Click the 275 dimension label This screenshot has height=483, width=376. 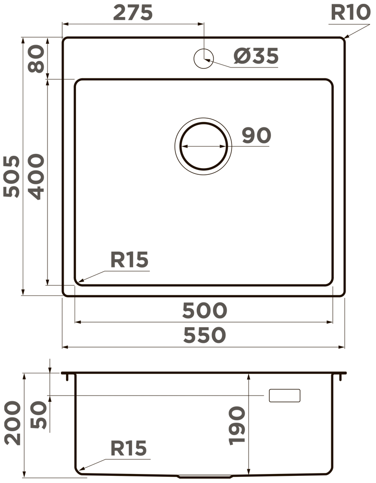(x=133, y=13)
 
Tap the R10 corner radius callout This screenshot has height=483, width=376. (x=350, y=13)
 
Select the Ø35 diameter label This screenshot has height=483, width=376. (x=256, y=56)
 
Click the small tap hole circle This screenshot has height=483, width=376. (x=203, y=58)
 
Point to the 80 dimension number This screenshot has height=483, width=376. (x=37, y=58)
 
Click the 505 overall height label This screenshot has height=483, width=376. (x=12, y=176)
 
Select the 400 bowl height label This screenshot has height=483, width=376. (x=37, y=177)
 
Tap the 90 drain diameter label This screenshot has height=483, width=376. (x=256, y=135)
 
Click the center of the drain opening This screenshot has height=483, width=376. (x=203, y=146)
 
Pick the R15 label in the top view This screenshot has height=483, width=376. (x=129, y=259)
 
